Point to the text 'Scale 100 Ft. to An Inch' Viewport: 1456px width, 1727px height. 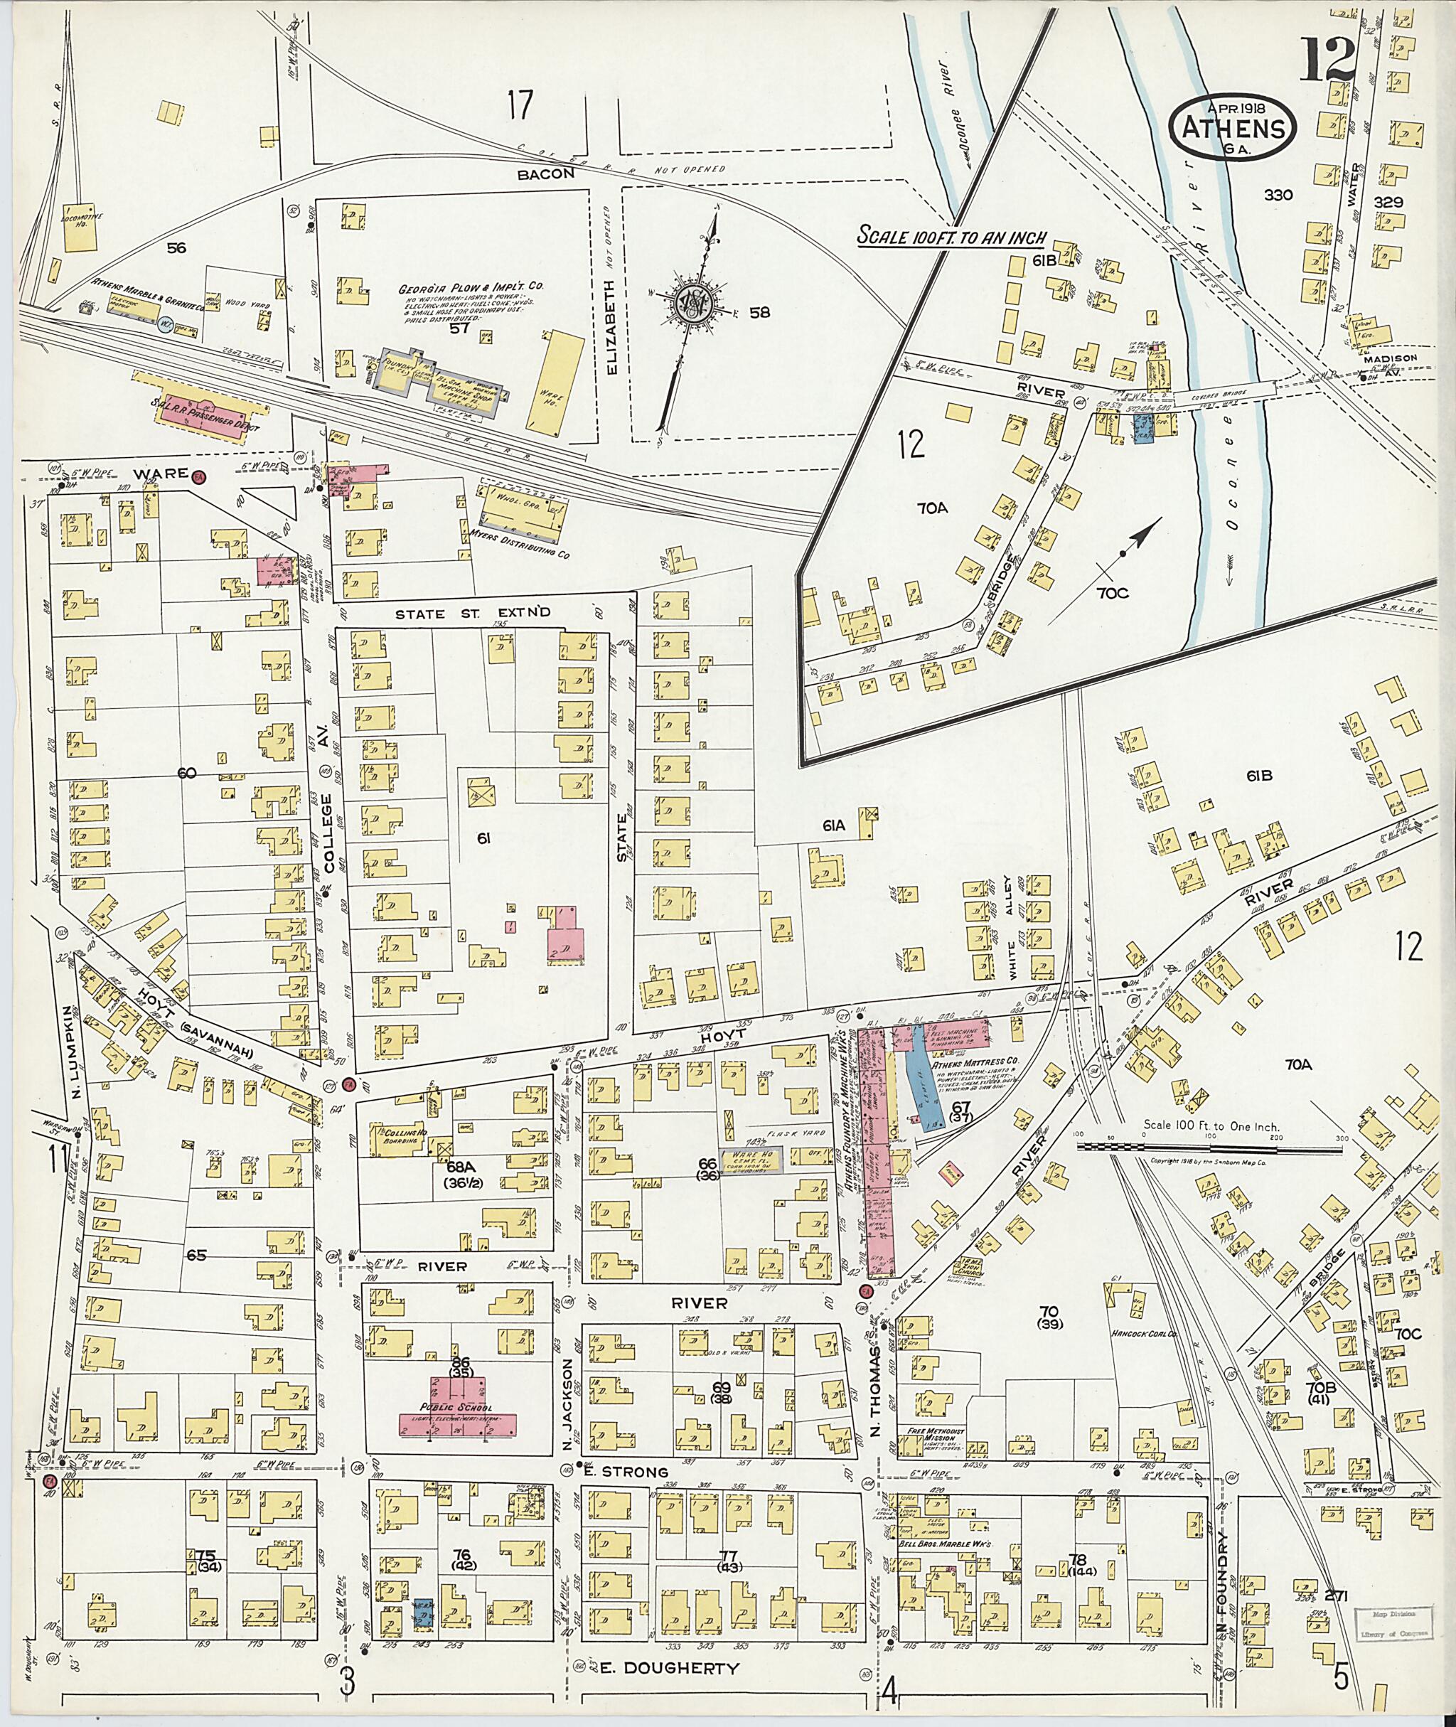[952, 236]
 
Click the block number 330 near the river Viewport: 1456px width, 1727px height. [1278, 196]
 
